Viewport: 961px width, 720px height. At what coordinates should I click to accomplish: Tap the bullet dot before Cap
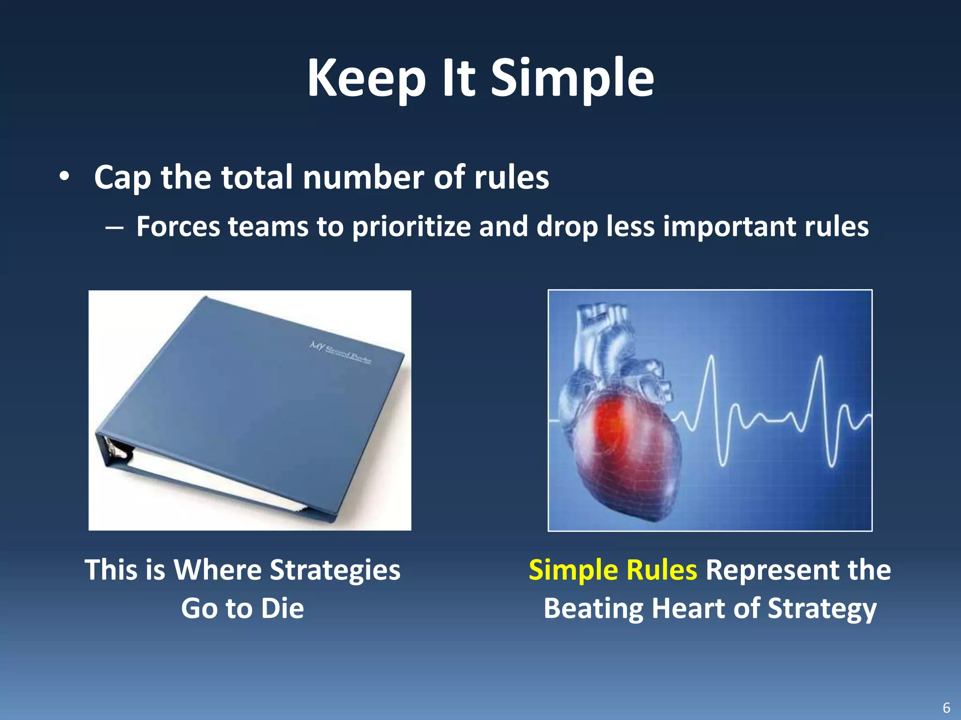(x=64, y=177)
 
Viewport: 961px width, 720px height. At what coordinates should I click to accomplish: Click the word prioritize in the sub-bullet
(x=411, y=227)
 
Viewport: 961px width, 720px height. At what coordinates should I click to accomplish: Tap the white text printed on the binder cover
(x=340, y=352)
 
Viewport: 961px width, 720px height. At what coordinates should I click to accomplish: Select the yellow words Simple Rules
(x=612, y=570)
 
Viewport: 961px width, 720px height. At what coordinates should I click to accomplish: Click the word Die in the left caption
(x=282, y=608)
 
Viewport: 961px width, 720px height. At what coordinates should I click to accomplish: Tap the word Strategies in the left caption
(x=335, y=570)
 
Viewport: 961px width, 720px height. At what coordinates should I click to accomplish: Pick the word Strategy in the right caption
(x=822, y=608)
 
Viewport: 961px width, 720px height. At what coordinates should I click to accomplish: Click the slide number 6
(x=946, y=707)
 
